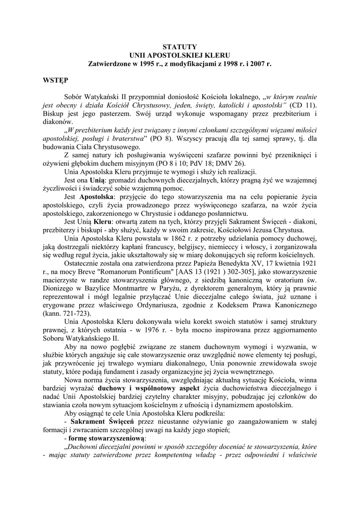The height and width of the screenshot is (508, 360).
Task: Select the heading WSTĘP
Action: click(x=55, y=79)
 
